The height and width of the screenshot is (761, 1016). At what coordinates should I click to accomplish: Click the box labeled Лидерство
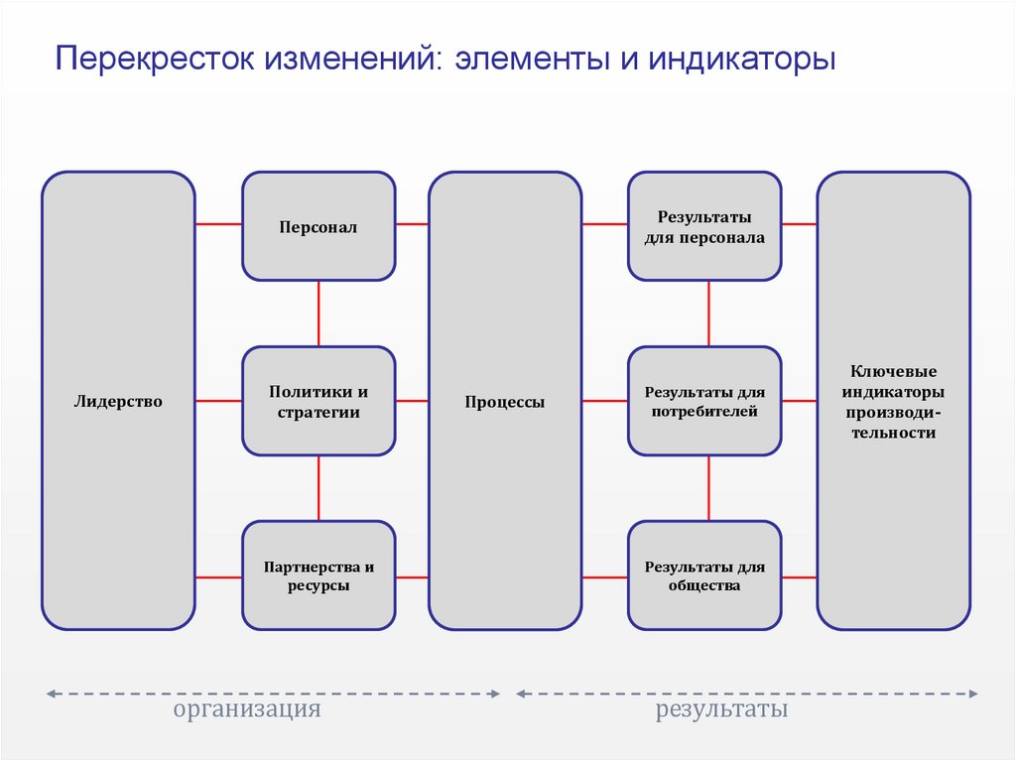tap(117, 401)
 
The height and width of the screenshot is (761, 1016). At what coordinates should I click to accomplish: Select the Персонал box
tap(318, 226)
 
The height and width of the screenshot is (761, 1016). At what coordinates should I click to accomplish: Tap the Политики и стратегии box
tap(318, 401)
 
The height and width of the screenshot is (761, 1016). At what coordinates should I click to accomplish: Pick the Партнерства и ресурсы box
tap(318, 575)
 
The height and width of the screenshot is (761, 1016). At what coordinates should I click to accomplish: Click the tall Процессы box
tap(505, 401)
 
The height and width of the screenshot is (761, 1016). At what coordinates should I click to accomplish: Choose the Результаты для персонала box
tap(704, 226)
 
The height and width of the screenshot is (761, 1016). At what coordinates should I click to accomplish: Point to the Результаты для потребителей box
tap(704, 401)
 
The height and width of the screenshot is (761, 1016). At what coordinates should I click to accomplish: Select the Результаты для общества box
tap(704, 575)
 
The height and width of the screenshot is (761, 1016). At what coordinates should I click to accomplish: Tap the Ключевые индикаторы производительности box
tap(892, 401)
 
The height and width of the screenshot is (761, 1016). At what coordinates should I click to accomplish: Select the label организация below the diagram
tap(248, 710)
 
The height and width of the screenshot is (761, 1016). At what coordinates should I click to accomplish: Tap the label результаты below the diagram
tap(722, 710)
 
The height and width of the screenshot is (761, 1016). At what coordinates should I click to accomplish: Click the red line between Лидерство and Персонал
tap(218, 224)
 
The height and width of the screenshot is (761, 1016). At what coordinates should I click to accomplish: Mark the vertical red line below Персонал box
tap(318, 313)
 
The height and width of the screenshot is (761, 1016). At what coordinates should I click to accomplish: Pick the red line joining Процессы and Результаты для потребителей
tap(604, 401)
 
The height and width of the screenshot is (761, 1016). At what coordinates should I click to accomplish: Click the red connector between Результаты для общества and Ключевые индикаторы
tap(799, 576)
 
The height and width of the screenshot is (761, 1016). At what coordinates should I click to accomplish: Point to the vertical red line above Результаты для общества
tap(708, 488)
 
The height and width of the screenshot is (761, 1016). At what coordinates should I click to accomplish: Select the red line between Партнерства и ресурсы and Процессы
tap(412, 576)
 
